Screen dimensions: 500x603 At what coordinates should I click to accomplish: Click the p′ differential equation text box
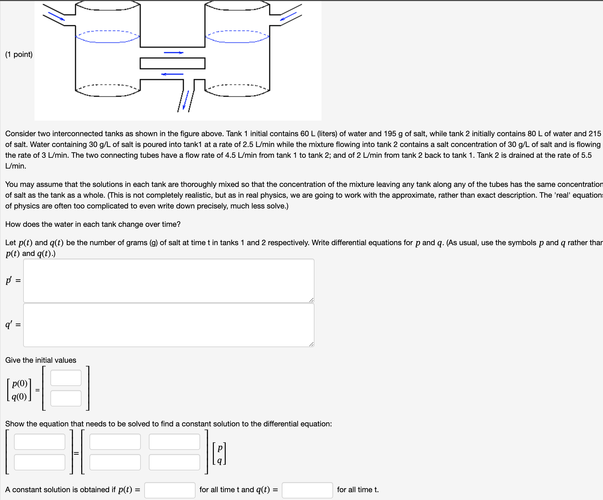[x=169, y=280]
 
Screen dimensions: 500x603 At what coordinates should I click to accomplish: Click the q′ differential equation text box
[x=169, y=325]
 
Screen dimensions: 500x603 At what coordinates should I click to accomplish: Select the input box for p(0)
[x=66, y=378]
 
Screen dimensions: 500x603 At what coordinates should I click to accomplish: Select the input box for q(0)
[x=66, y=398]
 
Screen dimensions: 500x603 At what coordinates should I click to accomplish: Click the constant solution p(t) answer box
[x=170, y=490]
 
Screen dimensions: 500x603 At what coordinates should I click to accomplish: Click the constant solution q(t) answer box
[x=307, y=490]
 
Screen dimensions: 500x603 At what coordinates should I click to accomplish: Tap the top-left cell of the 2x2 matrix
[x=115, y=441]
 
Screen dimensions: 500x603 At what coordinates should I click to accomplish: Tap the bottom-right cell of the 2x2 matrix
[x=174, y=462]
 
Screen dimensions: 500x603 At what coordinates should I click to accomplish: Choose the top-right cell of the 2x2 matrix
[x=174, y=441]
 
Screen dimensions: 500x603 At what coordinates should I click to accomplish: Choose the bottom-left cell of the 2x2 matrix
[x=115, y=462]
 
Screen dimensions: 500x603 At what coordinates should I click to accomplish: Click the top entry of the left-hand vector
[x=40, y=441]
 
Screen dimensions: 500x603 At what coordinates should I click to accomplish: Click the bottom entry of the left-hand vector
[x=40, y=462]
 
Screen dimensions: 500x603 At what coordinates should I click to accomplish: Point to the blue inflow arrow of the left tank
[x=56, y=16]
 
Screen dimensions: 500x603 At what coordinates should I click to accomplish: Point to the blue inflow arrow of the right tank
[x=288, y=16]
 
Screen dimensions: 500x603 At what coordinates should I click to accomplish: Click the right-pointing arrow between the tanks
[x=173, y=53]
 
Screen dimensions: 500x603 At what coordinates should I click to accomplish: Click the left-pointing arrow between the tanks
[x=172, y=74]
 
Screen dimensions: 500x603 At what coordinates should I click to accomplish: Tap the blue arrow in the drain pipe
[x=186, y=100]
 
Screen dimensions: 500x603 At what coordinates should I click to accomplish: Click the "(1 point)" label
[x=19, y=54]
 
